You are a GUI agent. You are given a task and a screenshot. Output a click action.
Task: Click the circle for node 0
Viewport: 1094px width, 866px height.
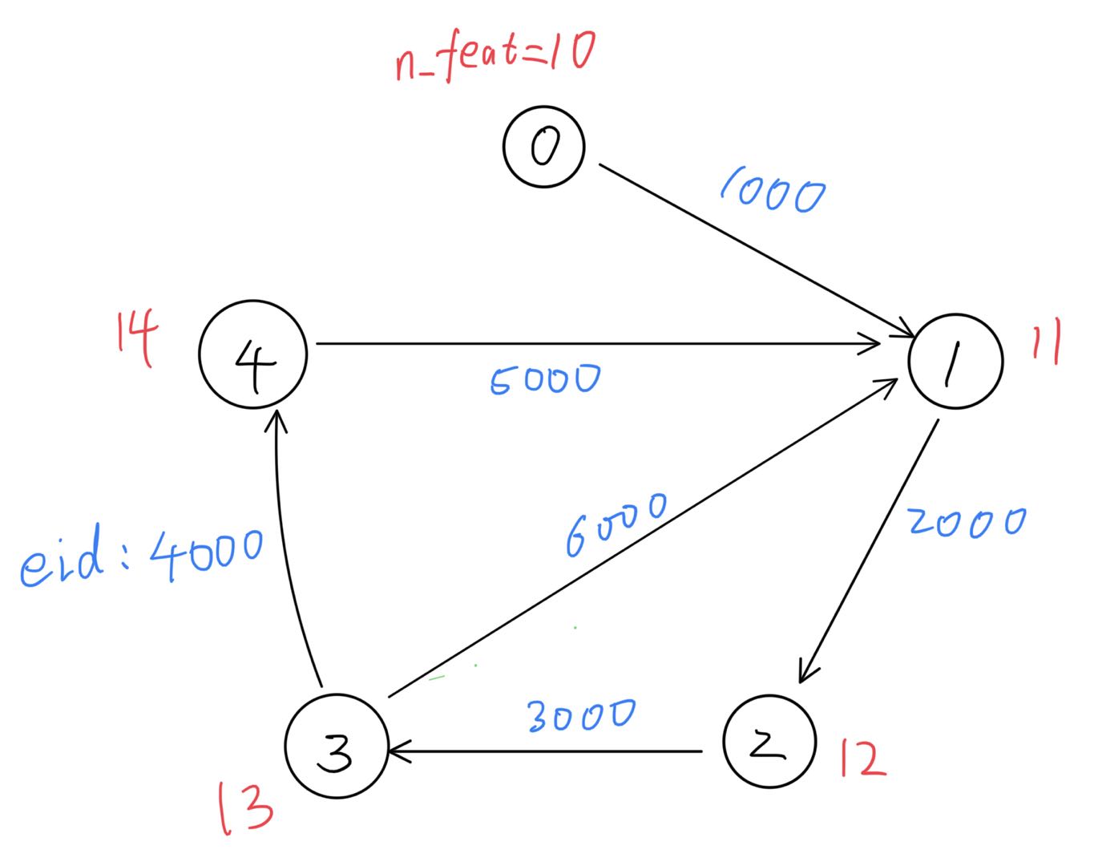point(544,147)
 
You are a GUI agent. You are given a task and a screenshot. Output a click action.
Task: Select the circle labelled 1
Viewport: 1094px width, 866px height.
point(955,360)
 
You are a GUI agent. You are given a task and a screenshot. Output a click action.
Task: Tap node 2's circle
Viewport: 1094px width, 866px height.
point(769,742)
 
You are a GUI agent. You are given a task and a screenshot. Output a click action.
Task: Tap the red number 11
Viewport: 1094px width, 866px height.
point(1046,342)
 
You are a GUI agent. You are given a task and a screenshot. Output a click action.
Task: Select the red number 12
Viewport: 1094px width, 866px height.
point(862,759)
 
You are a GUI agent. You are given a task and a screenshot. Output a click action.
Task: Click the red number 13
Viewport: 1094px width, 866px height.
point(245,809)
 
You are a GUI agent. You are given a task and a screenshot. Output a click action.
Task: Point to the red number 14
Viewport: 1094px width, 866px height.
point(135,338)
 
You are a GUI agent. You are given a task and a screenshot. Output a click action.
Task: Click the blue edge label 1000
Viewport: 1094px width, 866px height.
point(772,192)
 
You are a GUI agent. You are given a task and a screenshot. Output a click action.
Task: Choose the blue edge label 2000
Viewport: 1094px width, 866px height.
point(966,522)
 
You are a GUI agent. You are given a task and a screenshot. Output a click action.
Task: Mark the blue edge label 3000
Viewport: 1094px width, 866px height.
point(581,714)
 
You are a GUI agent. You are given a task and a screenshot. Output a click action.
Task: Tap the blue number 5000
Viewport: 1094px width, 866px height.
point(544,379)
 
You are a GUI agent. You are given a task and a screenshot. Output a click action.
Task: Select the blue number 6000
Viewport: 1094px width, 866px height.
point(616,524)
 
